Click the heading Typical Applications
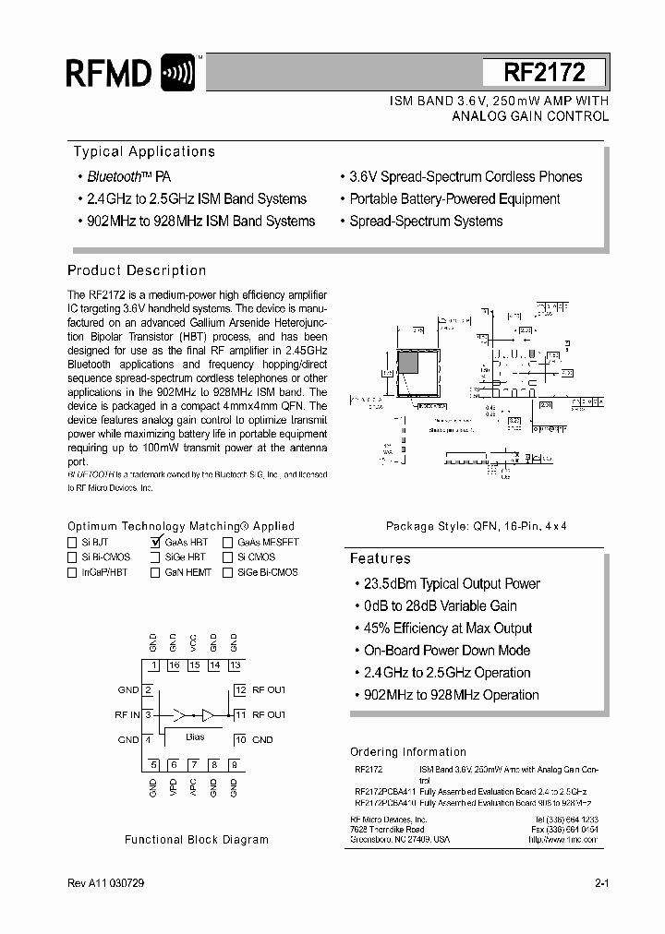click(x=144, y=151)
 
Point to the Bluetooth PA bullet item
click(x=129, y=176)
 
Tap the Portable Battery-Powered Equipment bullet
click(x=454, y=198)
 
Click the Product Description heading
click(x=137, y=270)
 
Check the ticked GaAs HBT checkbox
click(x=155, y=543)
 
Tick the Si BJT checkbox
click(x=72, y=543)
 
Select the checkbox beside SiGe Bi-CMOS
click(x=227, y=572)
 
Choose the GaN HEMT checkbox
click(x=155, y=572)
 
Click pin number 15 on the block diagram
click(x=194, y=665)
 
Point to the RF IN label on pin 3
click(x=127, y=714)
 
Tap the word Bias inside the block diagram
click(x=195, y=736)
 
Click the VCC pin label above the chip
click(x=193, y=643)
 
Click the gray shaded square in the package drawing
click(x=407, y=363)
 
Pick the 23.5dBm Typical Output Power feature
click(x=447, y=584)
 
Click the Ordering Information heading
click(x=407, y=752)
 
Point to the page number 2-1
click(x=601, y=883)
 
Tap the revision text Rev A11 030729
click(x=106, y=883)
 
